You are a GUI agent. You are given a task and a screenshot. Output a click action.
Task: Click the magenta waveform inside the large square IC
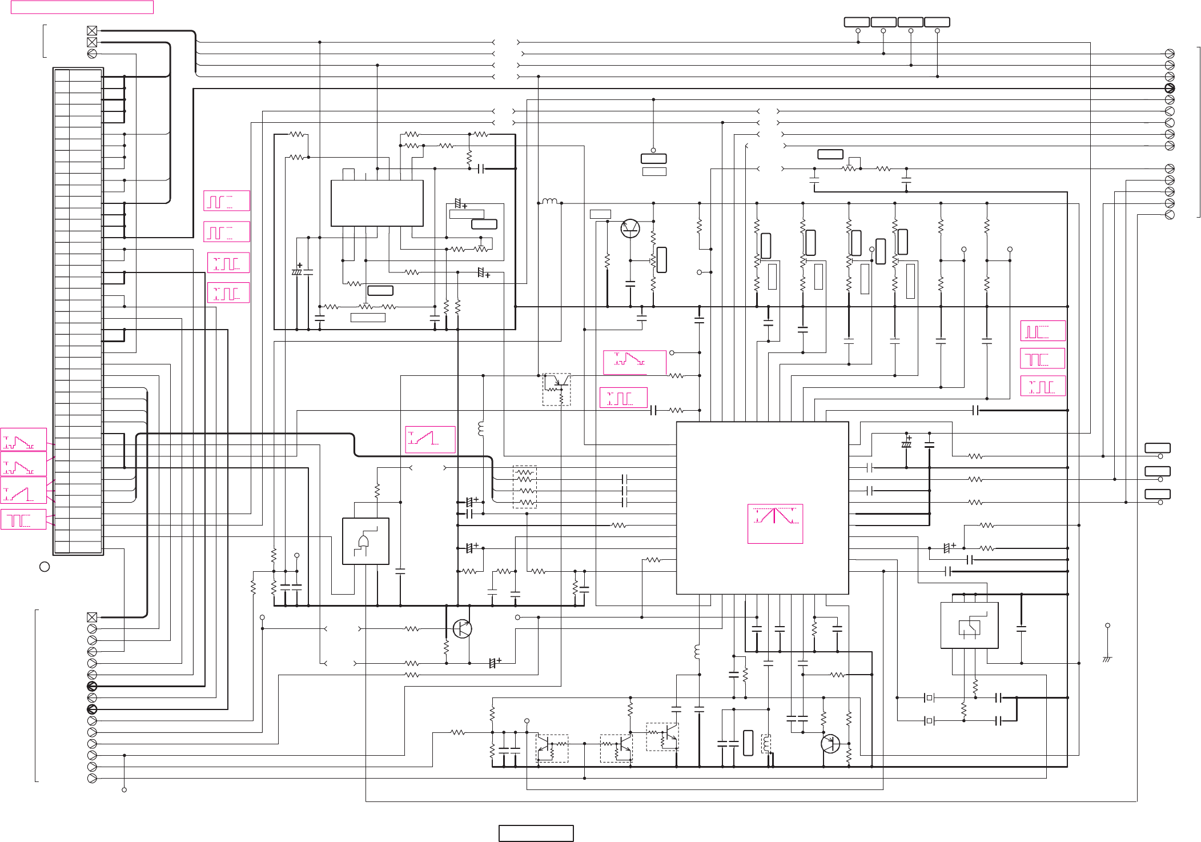pyautogui.click(x=775, y=523)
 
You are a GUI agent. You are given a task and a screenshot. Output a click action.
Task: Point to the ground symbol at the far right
pyautogui.click(x=1107, y=659)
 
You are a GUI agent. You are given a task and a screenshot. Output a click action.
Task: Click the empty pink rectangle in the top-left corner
pyautogui.click(x=82, y=7)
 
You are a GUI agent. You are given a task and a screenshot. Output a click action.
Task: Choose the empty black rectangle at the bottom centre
pyautogui.click(x=536, y=833)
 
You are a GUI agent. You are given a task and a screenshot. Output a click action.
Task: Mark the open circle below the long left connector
pyautogui.click(x=45, y=567)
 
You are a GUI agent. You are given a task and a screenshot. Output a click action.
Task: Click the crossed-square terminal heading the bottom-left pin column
pyautogui.click(x=92, y=617)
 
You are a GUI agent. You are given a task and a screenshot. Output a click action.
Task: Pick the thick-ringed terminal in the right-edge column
pyautogui.click(x=1170, y=88)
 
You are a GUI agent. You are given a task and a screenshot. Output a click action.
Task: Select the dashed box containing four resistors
pyautogui.click(x=525, y=487)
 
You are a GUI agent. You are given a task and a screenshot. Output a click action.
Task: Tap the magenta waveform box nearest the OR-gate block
pyautogui.click(x=430, y=439)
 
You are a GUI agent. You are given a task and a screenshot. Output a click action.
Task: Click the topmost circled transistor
pyautogui.click(x=630, y=228)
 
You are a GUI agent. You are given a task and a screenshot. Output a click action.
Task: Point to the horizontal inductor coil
pyautogui.click(x=550, y=201)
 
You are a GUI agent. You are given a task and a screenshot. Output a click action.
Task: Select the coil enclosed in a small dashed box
pyautogui.click(x=766, y=744)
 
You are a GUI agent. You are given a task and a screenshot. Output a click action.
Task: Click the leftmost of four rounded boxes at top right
pyautogui.click(x=857, y=22)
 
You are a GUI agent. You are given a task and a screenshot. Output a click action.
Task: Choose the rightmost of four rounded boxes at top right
pyautogui.click(x=937, y=22)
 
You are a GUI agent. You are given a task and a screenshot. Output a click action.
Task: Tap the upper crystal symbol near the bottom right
pyautogui.click(x=929, y=697)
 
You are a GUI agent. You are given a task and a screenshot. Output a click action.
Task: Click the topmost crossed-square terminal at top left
pyautogui.click(x=92, y=30)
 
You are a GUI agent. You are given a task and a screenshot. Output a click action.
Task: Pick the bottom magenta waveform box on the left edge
pyautogui.click(x=23, y=520)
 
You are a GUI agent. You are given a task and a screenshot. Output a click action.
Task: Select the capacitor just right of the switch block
pyautogui.click(x=1021, y=629)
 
